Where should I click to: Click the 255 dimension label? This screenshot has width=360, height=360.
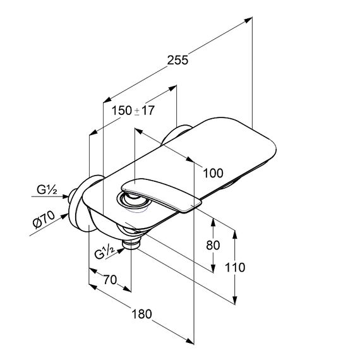click(177, 61)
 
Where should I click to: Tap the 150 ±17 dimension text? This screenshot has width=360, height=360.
click(133, 111)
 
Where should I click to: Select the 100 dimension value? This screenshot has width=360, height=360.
click(213, 173)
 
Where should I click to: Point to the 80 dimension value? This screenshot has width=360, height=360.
click(213, 245)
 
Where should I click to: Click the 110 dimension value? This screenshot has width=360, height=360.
click(235, 268)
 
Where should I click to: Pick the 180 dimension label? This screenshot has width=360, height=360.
click(141, 314)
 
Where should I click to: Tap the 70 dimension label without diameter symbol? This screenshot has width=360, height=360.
click(110, 280)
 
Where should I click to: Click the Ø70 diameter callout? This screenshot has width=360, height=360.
click(44, 220)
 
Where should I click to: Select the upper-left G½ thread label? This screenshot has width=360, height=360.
click(47, 190)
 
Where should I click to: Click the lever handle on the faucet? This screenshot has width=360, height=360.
click(161, 195)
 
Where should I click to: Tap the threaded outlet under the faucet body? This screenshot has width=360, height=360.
click(131, 244)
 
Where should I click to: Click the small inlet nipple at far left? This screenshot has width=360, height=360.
click(73, 196)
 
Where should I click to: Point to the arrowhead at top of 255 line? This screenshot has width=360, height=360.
click(248, 20)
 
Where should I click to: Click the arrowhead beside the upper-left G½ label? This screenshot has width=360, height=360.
click(65, 196)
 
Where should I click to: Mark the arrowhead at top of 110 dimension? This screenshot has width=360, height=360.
click(235, 234)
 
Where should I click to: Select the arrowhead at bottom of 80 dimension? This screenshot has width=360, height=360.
click(213, 268)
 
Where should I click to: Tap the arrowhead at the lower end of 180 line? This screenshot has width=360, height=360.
click(190, 341)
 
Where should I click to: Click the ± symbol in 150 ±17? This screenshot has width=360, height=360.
click(137, 111)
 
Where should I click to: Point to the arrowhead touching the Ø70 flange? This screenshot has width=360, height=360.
click(65, 216)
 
